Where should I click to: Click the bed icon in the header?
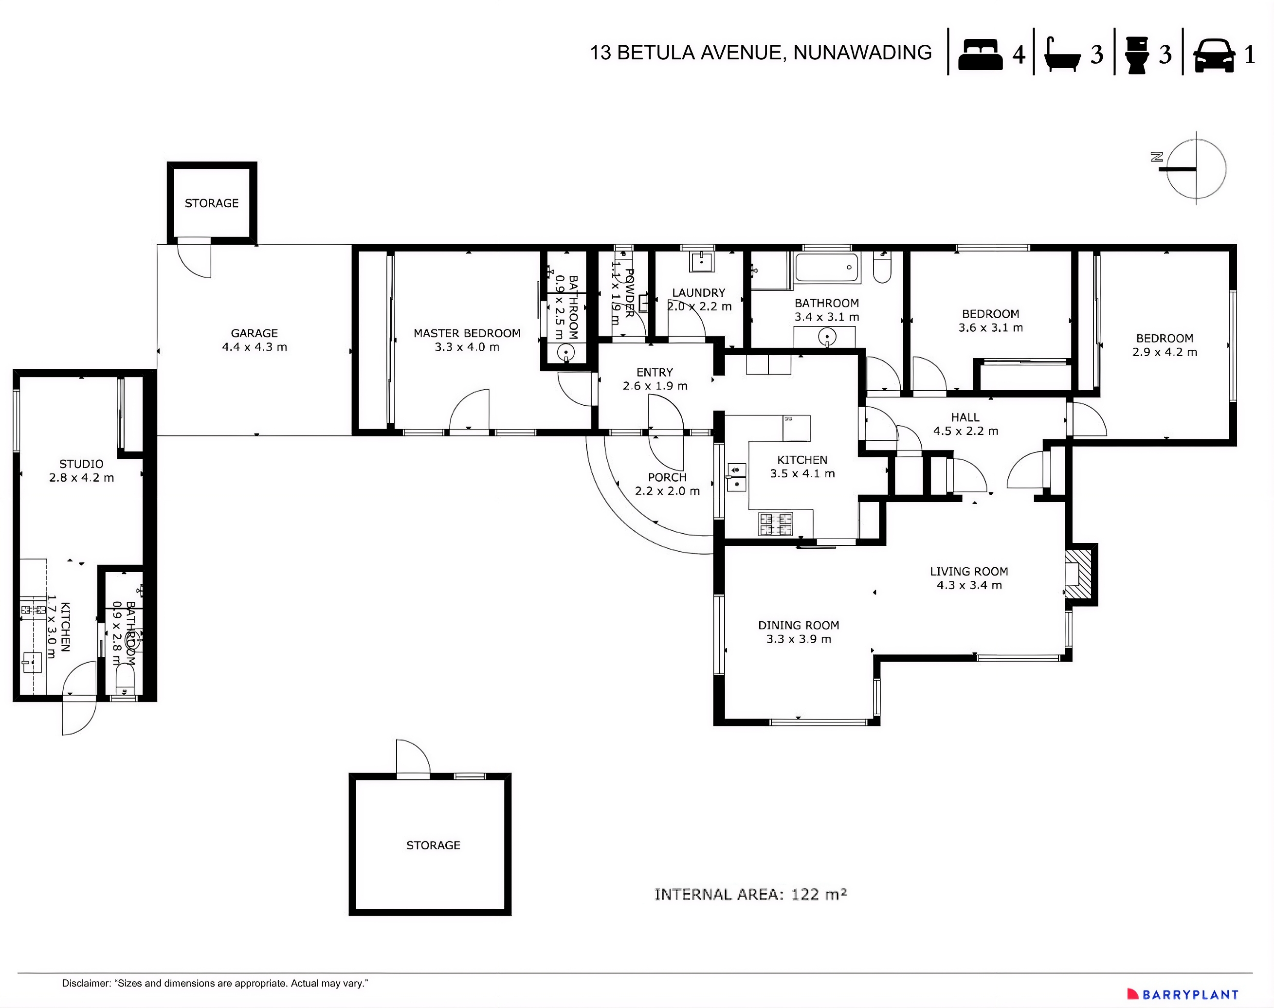980,54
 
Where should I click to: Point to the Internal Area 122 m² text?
750,894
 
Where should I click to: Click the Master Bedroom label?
467,340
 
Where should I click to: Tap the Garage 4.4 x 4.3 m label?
255,340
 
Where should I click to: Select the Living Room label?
969,578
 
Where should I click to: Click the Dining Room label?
798,631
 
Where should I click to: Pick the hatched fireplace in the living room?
1080,575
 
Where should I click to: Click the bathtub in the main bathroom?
826,268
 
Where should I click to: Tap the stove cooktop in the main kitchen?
775,523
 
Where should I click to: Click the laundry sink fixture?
701,260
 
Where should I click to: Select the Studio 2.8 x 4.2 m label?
81,470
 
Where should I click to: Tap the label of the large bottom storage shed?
433,845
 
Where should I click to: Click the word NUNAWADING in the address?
862,53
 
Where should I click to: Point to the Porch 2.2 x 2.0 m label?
667,484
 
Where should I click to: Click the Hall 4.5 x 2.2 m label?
965,424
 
